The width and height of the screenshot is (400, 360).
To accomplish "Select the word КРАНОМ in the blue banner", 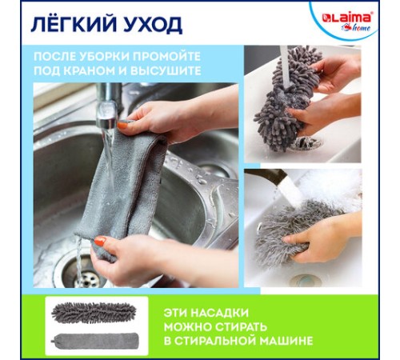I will [x=118, y=70].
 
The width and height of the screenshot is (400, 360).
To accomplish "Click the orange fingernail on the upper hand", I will [x=122, y=126].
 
